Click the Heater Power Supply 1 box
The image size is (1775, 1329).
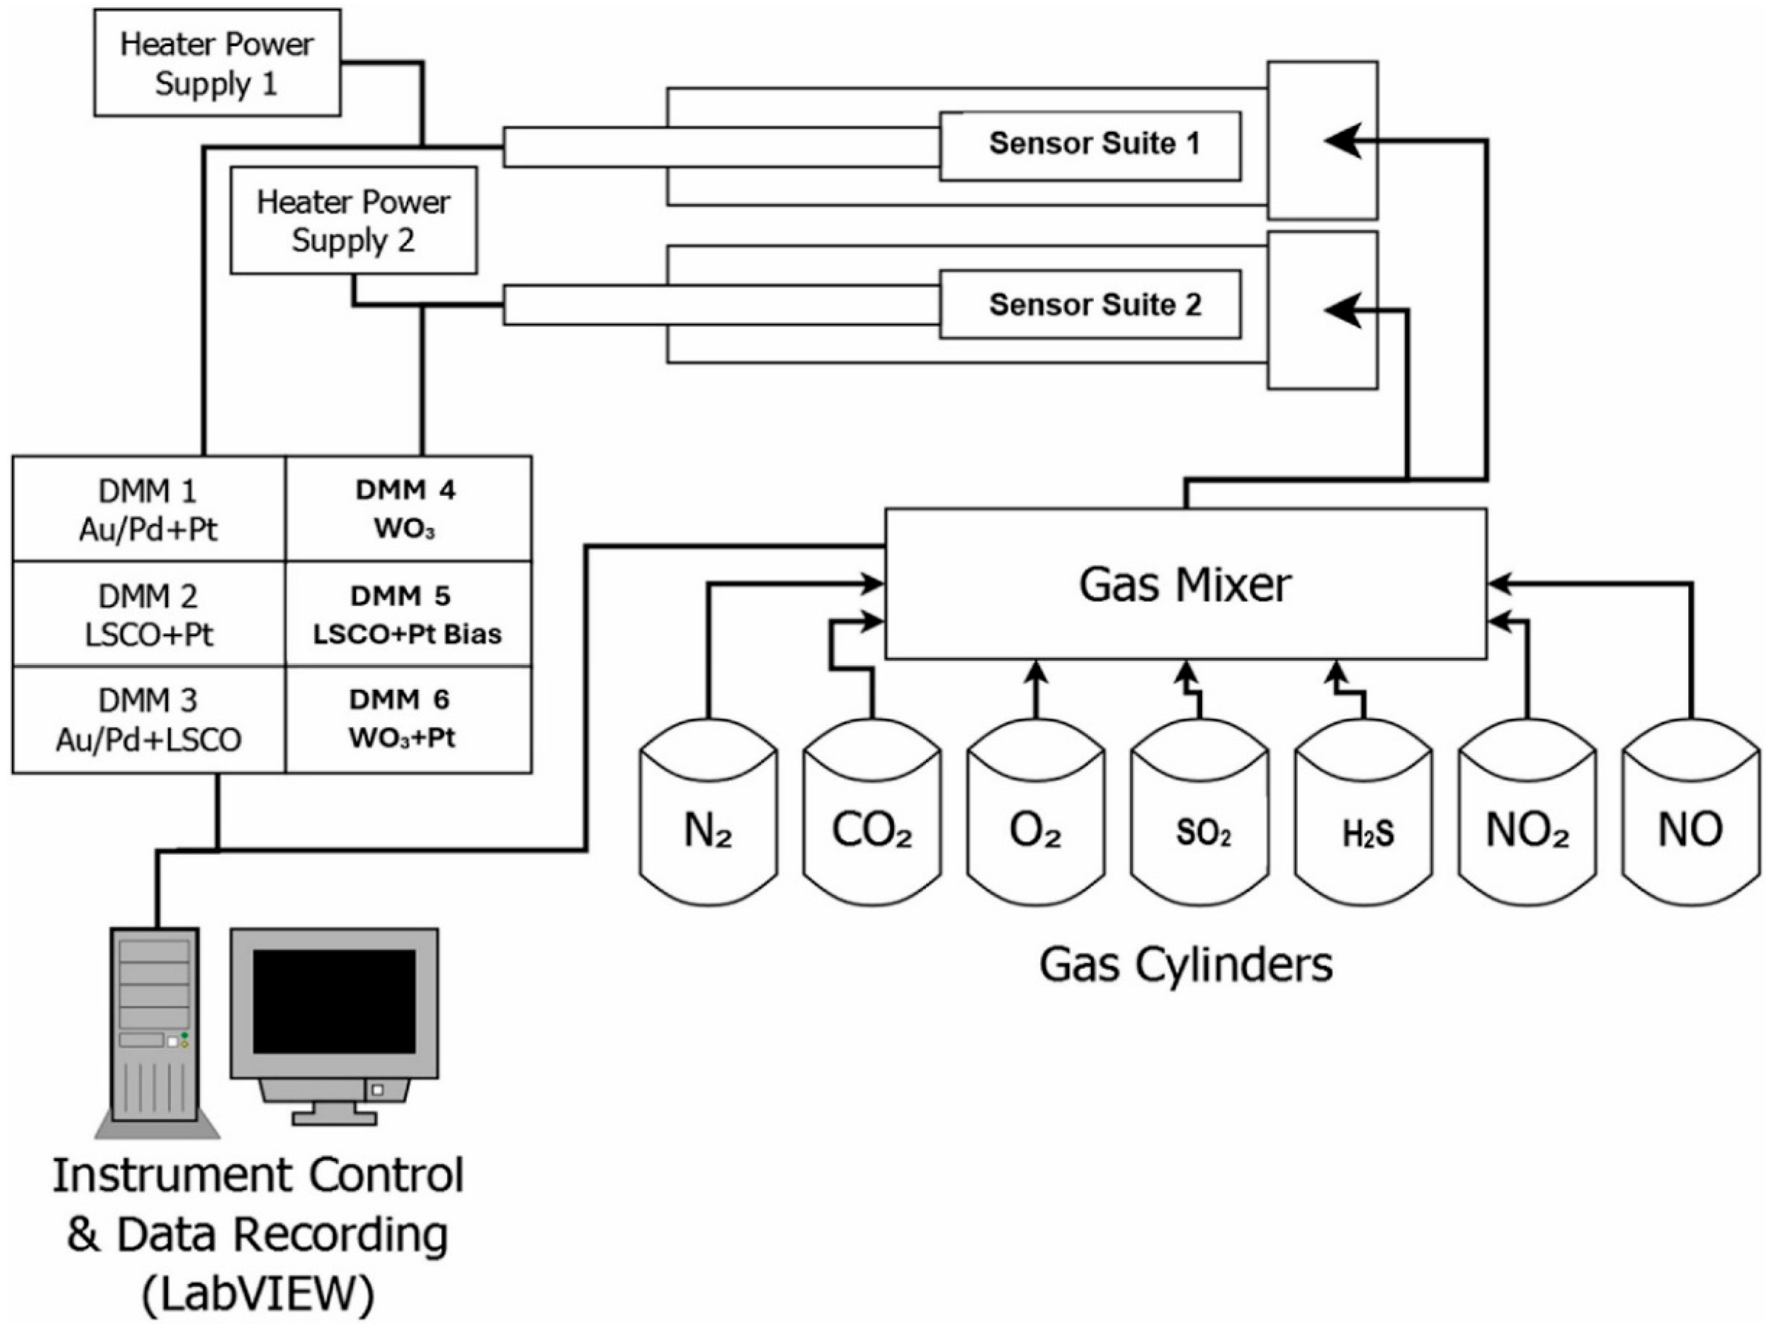[217, 63]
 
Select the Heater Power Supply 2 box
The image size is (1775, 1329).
[353, 221]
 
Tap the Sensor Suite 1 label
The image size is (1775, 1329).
[1094, 144]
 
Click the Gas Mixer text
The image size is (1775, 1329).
[1185, 584]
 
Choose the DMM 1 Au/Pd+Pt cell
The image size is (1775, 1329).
[149, 509]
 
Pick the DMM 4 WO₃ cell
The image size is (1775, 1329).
[407, 509]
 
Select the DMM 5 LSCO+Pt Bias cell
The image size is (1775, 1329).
[407, 614]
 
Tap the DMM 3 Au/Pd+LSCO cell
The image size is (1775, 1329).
[149, 720]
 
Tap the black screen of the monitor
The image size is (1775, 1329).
[334, 1001]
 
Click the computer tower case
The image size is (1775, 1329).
[154, 1023]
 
